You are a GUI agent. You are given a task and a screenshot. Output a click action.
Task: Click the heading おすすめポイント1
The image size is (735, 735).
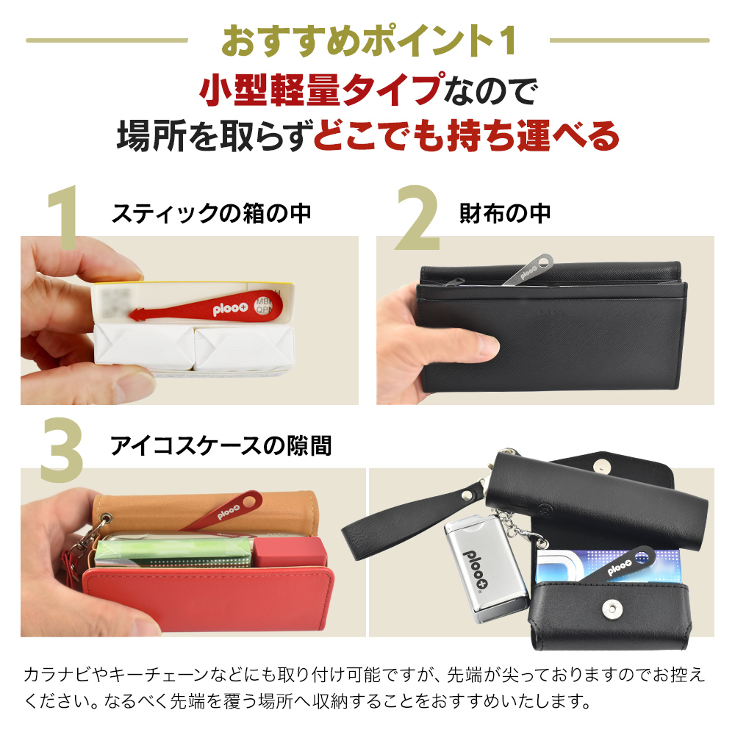(369, 41)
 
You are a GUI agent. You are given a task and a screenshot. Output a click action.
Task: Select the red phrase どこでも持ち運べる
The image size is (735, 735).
(466, 136)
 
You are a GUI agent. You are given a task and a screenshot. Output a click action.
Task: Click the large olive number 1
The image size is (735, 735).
(63, 218)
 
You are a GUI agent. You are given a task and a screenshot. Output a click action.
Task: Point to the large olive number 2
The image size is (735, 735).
(417, 218)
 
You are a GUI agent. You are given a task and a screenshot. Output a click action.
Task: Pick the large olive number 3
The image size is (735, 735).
(62, 449)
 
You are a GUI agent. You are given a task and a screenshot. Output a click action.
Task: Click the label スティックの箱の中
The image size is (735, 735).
(211, 214)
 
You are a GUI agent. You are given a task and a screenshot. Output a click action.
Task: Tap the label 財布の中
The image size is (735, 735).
(505, 214)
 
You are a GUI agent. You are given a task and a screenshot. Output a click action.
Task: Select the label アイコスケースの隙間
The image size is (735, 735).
(220, 445)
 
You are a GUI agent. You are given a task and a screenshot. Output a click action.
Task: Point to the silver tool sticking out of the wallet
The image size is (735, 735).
(527, 270)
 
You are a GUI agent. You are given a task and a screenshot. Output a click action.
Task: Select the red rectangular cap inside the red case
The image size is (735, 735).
(290, 552)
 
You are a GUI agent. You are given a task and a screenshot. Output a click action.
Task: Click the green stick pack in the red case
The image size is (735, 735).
(173, 553)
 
